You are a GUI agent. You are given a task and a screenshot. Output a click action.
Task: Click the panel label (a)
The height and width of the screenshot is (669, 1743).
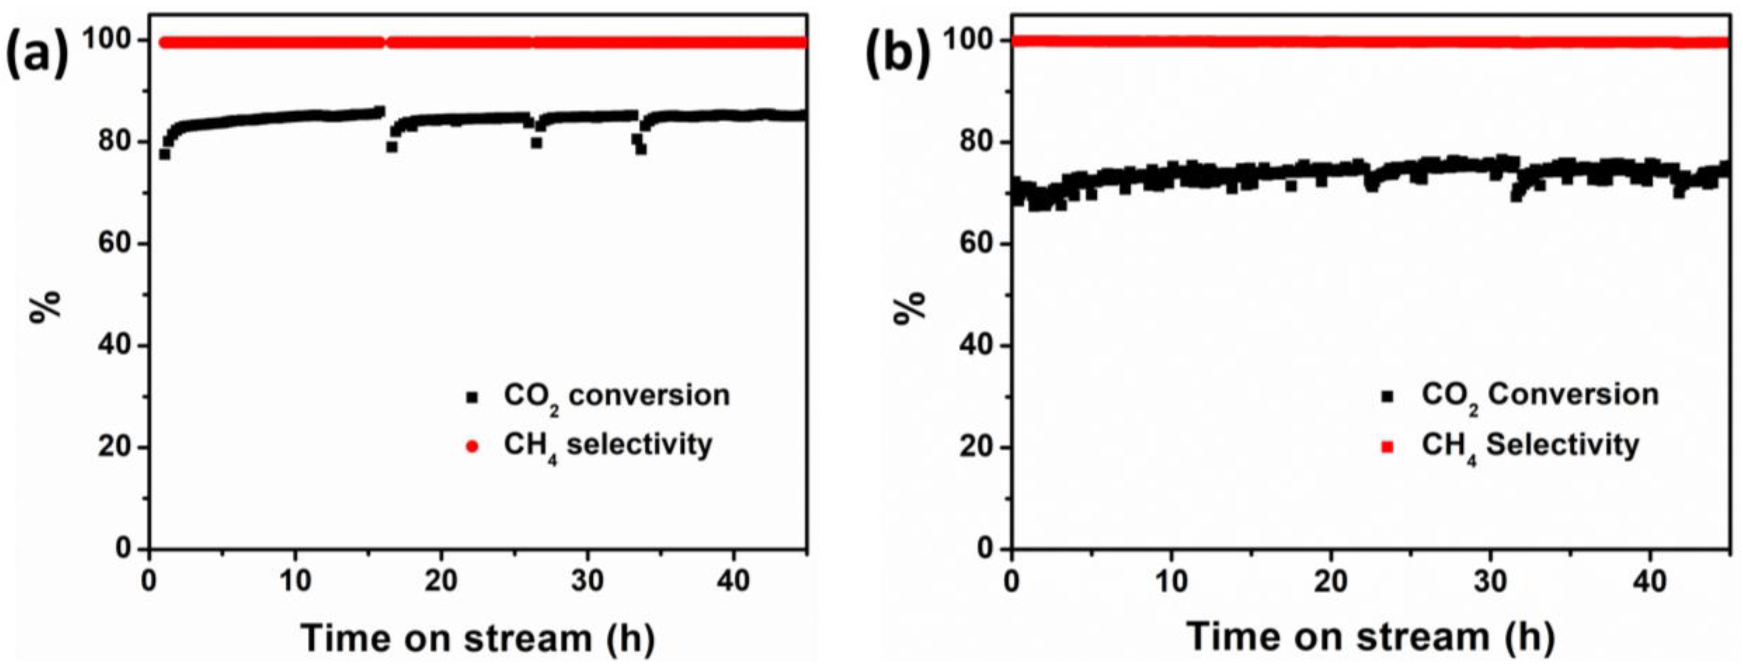[x=37, y=56]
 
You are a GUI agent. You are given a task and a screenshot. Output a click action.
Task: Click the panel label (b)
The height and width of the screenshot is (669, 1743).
[x=898, y=56]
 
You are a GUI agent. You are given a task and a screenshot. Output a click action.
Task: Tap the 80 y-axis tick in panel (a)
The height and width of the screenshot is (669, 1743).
[x=115, y=142]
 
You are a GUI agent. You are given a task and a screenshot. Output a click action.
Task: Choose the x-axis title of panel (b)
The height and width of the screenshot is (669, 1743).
[x=1371, y=637]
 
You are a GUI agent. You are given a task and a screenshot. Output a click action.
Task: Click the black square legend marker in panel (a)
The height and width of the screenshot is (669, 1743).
[x=472, y=397]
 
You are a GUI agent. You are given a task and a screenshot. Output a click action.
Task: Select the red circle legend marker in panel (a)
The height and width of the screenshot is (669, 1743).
[x=472, y=447]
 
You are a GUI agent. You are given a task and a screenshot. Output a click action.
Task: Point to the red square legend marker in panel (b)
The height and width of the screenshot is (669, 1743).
[x=1387, y=447]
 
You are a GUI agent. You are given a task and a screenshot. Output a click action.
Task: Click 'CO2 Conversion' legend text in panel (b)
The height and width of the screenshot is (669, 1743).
[x=1540, y=396]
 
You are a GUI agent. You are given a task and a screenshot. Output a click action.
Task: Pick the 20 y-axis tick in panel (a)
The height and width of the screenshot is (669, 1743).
[x=115, y=447]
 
